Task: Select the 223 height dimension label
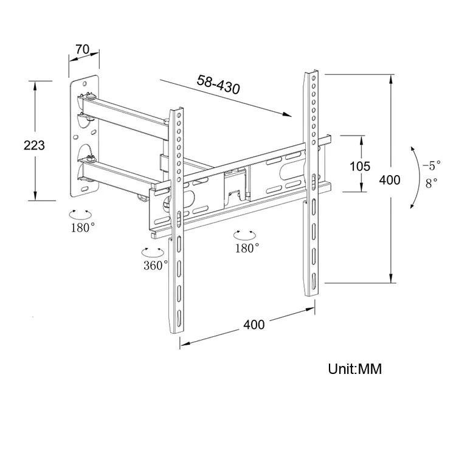[35, 145]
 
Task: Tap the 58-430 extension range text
[218, 85]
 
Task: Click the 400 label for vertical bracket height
[389, 180]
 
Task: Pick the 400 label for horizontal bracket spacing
[254, 324]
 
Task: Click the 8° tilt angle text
[431, 182]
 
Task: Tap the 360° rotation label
[156, 266]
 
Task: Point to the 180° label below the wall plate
[83, 227]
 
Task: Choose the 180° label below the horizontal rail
[247, 247]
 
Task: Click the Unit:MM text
[355, 369]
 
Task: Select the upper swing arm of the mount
[125, 112]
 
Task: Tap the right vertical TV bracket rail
[311, 182]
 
